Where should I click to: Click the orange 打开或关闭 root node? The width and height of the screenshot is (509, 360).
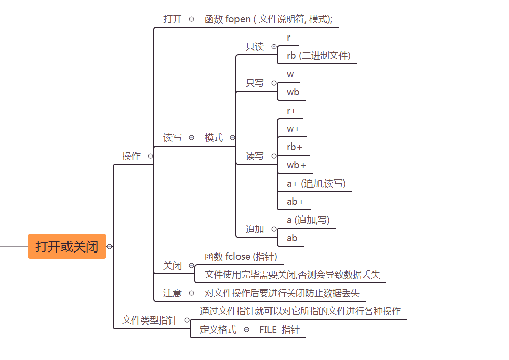click(x=67, y=246)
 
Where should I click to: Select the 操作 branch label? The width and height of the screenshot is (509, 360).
click(x=131, y=156)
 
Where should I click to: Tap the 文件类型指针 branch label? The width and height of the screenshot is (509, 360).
click(x=150, y=320)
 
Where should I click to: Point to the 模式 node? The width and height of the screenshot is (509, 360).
click(x=214, y=138)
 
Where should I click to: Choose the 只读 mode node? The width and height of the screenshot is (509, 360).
click(x=255, y=47)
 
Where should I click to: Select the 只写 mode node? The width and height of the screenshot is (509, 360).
click(x=255, y=83)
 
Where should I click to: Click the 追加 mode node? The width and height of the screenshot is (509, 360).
click(x=255, y=229)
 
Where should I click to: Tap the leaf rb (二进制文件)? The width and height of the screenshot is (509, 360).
click(x=318, y=55)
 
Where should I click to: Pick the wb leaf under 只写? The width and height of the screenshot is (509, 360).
click(x=293, y=92)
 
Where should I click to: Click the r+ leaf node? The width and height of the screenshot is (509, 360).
click(x=291, y=111)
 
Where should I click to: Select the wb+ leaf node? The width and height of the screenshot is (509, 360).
click(x=296, y=165)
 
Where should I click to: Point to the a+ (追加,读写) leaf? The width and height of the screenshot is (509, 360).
click(x=316, y=184)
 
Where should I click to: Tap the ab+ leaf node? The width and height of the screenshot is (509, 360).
click(x=295, y=202)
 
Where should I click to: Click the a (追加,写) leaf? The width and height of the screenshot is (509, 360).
click(x=308, y=220)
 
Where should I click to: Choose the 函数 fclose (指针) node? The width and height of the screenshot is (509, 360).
click(x=241, y=257)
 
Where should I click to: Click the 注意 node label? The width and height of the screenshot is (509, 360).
click(x=172, y=293)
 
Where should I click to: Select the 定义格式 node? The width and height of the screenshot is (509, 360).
click(x=218, y=330)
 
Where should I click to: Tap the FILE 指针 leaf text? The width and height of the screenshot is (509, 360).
click(x=279, y=330)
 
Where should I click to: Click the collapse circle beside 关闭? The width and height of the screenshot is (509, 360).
click(x=191, y=266)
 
